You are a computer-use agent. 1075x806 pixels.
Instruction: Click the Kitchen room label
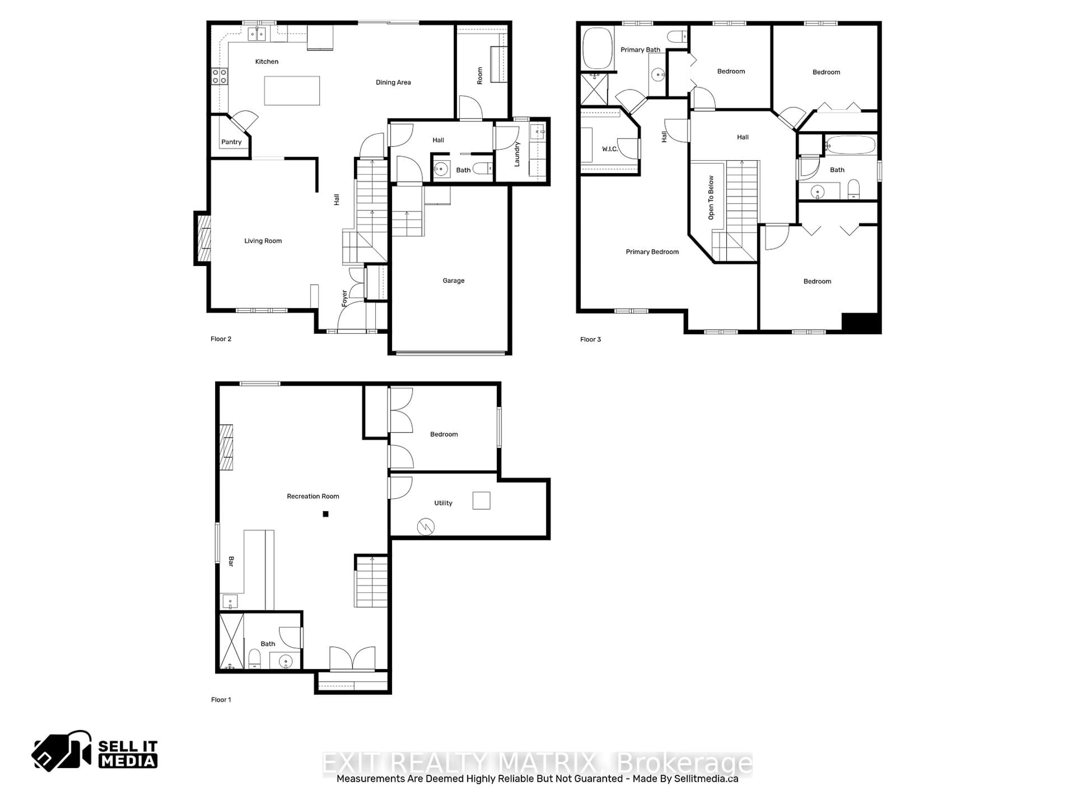click(x=267, y=62)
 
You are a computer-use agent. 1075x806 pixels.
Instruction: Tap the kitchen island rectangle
click(x=292, y=91)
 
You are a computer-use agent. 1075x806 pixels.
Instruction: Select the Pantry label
click(x=231, y=142)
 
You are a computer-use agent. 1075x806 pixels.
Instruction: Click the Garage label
click(x=454, y=281)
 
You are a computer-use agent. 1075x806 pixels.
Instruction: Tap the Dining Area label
click(x=393, y=83)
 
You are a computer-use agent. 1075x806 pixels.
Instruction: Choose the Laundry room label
click(x=517, y=154)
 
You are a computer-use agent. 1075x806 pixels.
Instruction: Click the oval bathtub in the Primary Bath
click(x=597, y=49)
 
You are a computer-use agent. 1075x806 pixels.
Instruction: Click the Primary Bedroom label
click(x=652, y=252)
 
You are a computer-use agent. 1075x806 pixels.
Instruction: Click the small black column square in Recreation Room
click(x=326, y=514)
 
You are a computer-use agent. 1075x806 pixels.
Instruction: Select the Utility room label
click(x=443, y=503)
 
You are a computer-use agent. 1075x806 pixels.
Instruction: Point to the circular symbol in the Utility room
click(x=426, y=527)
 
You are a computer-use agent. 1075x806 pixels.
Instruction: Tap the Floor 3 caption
click(x=590, y=339)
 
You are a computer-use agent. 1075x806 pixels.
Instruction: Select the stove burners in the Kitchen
click(x=219, y=76)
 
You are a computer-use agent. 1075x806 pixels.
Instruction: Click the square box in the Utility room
click(x=481, y=500)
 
